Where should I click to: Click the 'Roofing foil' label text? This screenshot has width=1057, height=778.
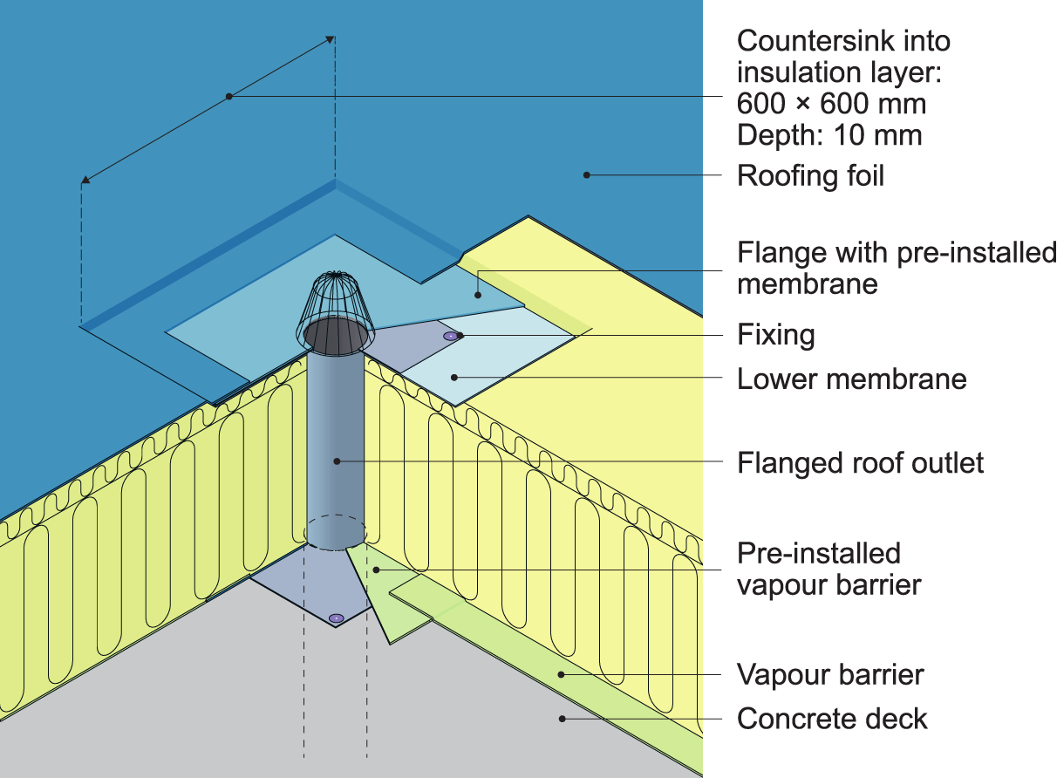[810, 176]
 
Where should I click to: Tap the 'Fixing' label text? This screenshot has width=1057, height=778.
[775, 335]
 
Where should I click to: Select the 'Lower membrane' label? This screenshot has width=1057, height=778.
[851, 379]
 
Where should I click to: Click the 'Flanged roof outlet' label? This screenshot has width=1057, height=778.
[860, 462]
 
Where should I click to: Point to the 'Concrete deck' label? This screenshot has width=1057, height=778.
[832, 720]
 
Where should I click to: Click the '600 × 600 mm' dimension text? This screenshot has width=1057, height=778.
[831, 105]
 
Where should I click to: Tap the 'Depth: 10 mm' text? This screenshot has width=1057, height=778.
[829, 136]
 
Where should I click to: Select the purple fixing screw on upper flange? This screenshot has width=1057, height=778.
[450, 336]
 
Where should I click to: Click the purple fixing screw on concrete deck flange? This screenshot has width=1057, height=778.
[337, 618]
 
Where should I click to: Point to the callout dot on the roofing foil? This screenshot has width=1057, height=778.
[587, 174]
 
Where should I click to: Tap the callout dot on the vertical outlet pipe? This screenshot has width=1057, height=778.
[337, 460]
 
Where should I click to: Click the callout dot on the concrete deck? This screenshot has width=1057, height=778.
[563, 719]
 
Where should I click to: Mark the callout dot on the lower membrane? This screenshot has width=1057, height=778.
[453, 377]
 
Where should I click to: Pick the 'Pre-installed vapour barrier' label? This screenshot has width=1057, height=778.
[829, 568]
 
